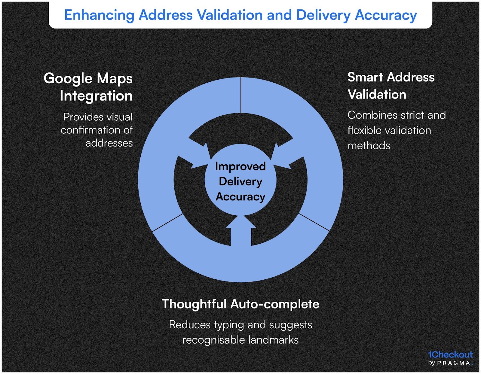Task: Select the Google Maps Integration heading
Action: pyautogui.click(x=88, y=87)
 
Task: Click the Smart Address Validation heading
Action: pyautogui.click(x=391, y=86)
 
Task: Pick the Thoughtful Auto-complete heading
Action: pyautogui.click(x=240, y=304)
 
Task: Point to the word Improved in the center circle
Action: pyautogui.click(x=240, y=166)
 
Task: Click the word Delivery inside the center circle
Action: pyautogui.click(x=240, y=181)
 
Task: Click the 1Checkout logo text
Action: pyautogui.click(x=450, y=355)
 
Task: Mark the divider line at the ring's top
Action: pyautogui.click(x=241, y=95)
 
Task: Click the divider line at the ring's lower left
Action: pyautogui.click(x=167, y=223)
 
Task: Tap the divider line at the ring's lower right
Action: pyautogui.click(x=314, y=222)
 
